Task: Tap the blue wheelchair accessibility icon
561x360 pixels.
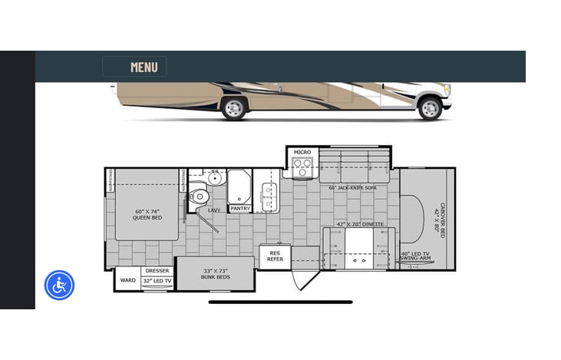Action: pyautogui.click(x=59, y=286)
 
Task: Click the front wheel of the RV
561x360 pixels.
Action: pyautogui.click(x=430, y=108)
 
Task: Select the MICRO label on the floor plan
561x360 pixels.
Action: pyautogui.click(x=302, y=152)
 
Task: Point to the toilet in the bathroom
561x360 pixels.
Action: pyautogui.click(x=199, y=195)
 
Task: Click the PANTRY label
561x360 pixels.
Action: pyautogui.click(x=240, y=208)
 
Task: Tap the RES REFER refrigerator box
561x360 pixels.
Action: pyautogui.click(x=275, y=256)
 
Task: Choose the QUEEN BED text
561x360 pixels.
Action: pyautogui.click(x=147, y=214)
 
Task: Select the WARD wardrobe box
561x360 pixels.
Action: pyautogui.click(x=127, y=280)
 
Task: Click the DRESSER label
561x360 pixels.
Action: pyautogui.click(x=157, y=271)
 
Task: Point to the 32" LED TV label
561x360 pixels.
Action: pyautogui.click(x=157, y=281)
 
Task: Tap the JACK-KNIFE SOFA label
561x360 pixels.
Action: pyautogui.click(x=352, y=187)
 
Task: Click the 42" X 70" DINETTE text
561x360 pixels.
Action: pyautogui.click(x=360, y=224)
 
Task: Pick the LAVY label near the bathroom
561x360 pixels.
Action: pyautogui.click(x=215, y=209)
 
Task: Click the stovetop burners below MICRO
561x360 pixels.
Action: pyautogui.click(x=302, y=167)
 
